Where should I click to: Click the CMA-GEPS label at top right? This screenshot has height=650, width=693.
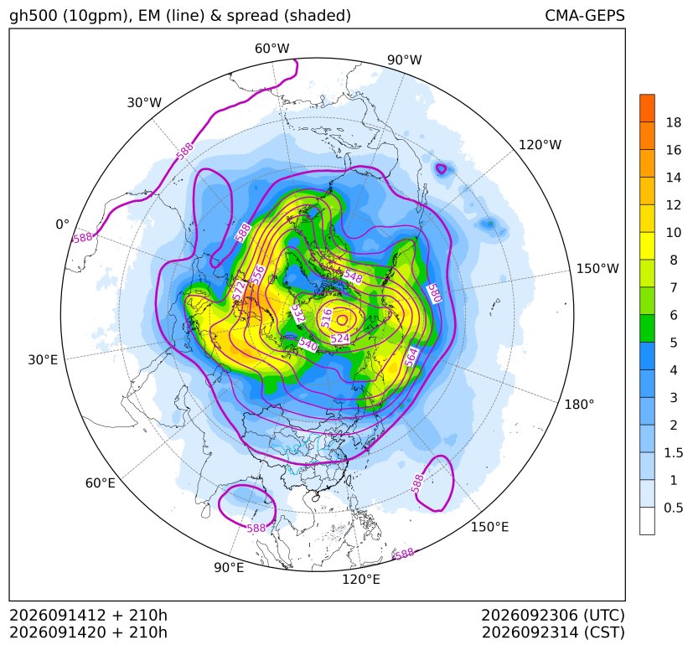585,15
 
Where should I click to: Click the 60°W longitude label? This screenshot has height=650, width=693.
272,49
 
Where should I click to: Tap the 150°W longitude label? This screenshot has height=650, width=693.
597,268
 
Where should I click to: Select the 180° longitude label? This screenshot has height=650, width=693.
579,405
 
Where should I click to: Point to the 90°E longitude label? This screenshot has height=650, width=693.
229,567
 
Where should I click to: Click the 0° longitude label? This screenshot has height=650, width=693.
62,224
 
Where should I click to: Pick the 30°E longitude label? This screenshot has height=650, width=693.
43,359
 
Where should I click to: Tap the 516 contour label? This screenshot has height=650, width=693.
326,317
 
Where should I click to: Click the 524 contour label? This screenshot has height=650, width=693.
340,338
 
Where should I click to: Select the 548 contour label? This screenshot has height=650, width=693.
353,276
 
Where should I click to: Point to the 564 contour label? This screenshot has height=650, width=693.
411,357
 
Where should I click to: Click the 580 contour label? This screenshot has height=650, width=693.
434,293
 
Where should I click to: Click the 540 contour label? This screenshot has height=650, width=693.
308,344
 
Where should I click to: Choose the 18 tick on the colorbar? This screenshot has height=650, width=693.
674,122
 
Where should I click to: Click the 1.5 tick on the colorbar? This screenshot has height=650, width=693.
673,452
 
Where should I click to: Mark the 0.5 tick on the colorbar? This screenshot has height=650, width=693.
673,508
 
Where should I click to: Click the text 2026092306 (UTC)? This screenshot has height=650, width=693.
553,615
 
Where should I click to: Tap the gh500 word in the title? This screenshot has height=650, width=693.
34,16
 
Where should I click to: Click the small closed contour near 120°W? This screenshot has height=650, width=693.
441,168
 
